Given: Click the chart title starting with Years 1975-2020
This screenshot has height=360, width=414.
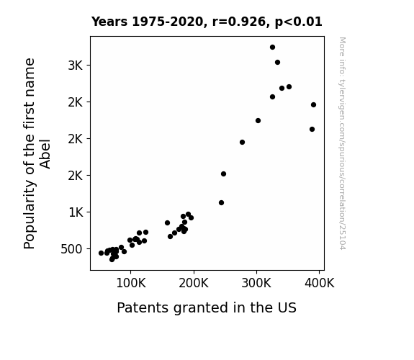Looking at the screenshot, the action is coord(207,22).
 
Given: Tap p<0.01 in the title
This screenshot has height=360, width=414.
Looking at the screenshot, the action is coord(299,22).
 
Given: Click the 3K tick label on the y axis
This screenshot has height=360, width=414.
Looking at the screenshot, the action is coord(76,66).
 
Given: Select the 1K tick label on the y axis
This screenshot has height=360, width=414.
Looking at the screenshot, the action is coord(76,212).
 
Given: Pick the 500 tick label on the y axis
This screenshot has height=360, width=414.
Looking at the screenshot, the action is coord(71,249).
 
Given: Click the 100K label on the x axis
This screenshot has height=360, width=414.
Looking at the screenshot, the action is coord(131,283).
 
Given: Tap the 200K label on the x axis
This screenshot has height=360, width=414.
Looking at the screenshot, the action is coord(194,283).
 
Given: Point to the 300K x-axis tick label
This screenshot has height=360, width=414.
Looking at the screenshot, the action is coord(256,283).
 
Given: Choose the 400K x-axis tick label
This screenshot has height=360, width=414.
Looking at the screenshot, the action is coord(319,283).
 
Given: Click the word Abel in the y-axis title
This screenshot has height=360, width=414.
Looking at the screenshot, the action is coord(45,154).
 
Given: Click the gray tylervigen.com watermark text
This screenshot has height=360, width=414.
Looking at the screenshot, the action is coord(342,143).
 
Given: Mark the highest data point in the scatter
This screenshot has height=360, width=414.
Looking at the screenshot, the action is coord(272,48).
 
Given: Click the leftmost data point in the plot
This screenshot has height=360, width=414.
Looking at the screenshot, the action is coord(101,253).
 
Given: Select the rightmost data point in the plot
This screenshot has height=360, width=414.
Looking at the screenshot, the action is coord(313,105).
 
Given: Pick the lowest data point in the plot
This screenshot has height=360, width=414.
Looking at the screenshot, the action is coord(112,259).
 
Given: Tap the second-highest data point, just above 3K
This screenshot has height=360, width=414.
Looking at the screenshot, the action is coord(277,63).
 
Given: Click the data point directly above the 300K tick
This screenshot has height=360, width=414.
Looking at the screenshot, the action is coord(258,121).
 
